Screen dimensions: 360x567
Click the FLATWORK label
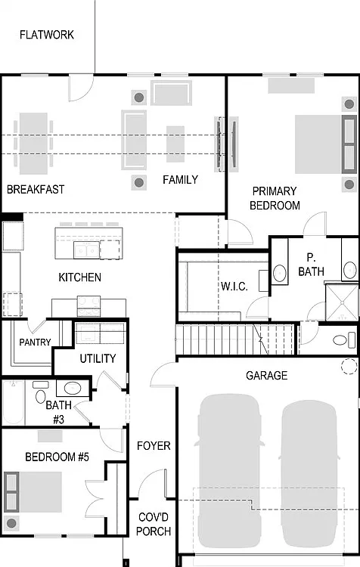(47, 35)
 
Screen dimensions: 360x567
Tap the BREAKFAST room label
(36, 189)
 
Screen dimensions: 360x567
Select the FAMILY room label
(180, 179)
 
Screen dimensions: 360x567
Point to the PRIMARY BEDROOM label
(275, 198)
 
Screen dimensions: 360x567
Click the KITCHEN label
(79, 277)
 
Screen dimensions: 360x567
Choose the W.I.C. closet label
(234, 287)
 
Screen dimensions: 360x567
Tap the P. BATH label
(311, 265)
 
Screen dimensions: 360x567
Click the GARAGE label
(267, 375)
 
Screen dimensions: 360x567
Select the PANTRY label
(35, 342)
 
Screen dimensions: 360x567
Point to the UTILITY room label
(98, 358)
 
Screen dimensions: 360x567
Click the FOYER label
(154, 445)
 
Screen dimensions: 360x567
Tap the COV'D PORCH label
(154, 524)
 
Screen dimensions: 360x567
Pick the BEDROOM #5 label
(57, 457)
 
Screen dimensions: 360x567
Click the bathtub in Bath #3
(14, 402)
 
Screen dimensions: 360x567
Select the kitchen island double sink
(86, 250)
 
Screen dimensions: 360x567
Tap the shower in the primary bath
(342, 302)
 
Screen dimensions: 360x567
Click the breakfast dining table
(33, 144)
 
